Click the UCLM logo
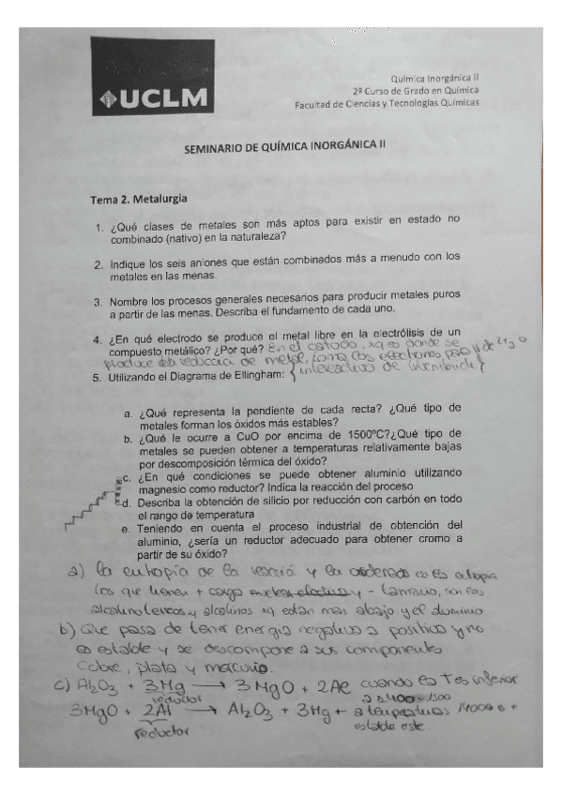(x=152, y=77)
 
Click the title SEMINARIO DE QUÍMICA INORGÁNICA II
(x=284, y=148)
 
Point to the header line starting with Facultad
(x=386, y=104)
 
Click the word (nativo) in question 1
(x=197, y=238)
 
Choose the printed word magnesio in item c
(x=163, y=487)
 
